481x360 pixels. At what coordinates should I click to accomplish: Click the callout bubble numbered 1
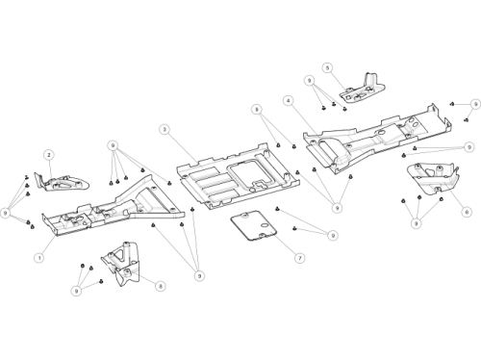pos(39,257)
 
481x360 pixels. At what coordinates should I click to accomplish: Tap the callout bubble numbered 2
pos(49,155)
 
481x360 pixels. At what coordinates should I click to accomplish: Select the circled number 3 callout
pos(165,129)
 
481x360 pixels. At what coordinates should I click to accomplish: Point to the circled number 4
pos(289,101)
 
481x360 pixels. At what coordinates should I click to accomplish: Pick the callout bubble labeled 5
pos(327,68)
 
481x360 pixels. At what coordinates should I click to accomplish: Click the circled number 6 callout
pos(467,212)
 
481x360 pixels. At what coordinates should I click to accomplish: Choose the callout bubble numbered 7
pos(300,258)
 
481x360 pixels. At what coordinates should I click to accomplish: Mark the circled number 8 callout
pos(161,286)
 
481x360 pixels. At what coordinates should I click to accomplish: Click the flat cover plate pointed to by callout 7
pos(253,225)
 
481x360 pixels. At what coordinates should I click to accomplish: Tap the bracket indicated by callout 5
pos(363,90)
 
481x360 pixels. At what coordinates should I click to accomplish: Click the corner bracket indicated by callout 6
pos(434,178)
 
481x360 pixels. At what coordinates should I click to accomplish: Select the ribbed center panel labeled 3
pos(238,176)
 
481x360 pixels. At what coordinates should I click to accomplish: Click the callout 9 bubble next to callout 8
pos(76,291)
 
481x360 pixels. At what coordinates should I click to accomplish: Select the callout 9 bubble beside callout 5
pos(310,80)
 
